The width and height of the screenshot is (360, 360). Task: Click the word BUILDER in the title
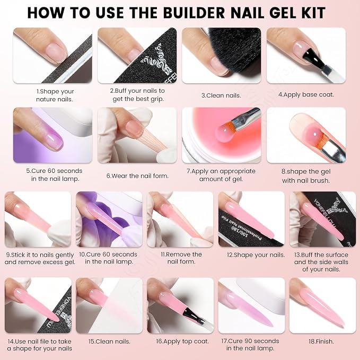point(195,13)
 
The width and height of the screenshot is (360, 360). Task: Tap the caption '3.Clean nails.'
point(221,95)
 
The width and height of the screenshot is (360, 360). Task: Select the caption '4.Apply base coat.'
point(306,94)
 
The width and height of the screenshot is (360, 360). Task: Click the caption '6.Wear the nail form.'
point(137,176)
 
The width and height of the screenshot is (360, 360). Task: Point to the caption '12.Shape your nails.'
point(256,255)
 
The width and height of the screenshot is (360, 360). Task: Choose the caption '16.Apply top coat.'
point(182,341)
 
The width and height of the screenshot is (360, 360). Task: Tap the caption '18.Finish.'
point(321,341)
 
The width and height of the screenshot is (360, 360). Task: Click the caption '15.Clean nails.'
point(109,341)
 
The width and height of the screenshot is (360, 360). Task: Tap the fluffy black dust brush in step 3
point(235,52)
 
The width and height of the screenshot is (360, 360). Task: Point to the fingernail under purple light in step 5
point(54,142)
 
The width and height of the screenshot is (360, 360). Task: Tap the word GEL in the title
point(282,13)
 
